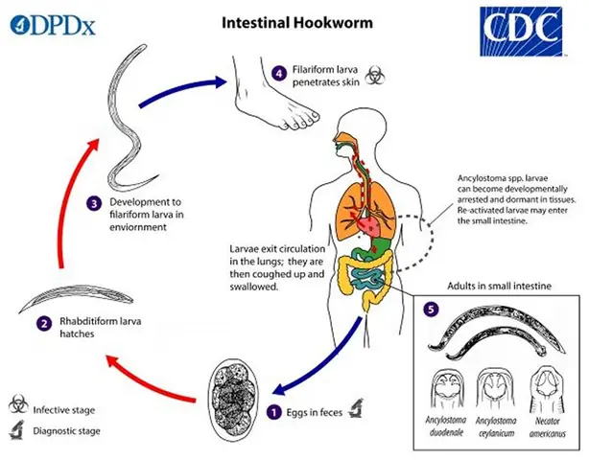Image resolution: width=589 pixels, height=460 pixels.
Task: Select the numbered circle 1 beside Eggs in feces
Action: tap(275, 413)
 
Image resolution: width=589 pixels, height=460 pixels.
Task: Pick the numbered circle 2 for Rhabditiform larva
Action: tap(44, 323)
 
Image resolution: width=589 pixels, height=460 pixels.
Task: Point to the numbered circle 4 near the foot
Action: tap(278, 72)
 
